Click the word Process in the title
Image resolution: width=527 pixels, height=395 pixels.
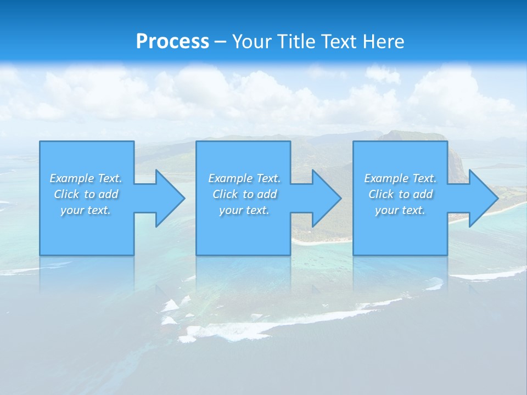point(172,42)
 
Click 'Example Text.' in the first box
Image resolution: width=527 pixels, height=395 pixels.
point(86,178)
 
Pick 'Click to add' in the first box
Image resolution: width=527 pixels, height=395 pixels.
point(86,194)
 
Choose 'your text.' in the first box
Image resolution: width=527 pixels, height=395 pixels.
point(86,210)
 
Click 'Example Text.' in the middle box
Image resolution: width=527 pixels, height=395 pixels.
point(244,178)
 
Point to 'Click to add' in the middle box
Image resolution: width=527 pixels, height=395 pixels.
point(244,194)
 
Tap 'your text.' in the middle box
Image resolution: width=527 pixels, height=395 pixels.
point(244,210)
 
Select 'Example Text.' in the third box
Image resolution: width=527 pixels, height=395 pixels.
point(400,178)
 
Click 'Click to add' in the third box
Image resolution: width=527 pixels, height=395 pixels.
point(400,194)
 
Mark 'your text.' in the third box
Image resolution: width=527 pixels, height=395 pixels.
point(400,210)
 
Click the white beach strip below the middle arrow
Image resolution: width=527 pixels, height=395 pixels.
point(321,240)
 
